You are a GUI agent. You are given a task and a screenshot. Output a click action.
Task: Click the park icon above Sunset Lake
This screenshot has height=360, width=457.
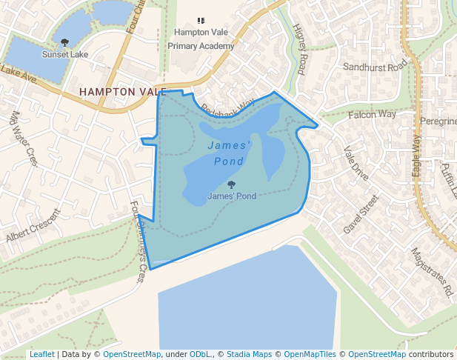[64, 43]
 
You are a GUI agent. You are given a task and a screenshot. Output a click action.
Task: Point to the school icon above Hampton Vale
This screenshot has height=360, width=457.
[201, 21]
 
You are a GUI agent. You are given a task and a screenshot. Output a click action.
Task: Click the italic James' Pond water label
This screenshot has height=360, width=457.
[229, 153]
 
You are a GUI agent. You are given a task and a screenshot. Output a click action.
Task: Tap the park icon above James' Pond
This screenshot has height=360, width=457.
[232, 184]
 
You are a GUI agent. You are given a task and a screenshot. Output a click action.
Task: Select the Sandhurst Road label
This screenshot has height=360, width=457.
[376, 67]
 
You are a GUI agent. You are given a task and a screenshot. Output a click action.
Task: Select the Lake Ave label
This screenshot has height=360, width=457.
[18, 75]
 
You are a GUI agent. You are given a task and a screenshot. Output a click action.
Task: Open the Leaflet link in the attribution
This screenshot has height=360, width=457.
[41, 355]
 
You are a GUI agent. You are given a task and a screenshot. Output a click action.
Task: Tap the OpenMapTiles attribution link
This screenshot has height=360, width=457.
[310, 355]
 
